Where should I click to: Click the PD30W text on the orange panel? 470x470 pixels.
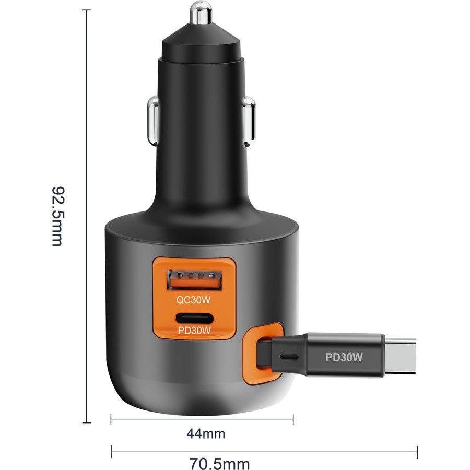tap(193, 330)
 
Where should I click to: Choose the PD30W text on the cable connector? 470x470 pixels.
tap(344, 358)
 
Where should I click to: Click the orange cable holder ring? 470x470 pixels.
tap(256, 356)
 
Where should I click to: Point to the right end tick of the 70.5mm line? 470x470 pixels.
tap(417, 451)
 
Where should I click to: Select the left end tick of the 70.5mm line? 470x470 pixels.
tap(111, 451)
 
